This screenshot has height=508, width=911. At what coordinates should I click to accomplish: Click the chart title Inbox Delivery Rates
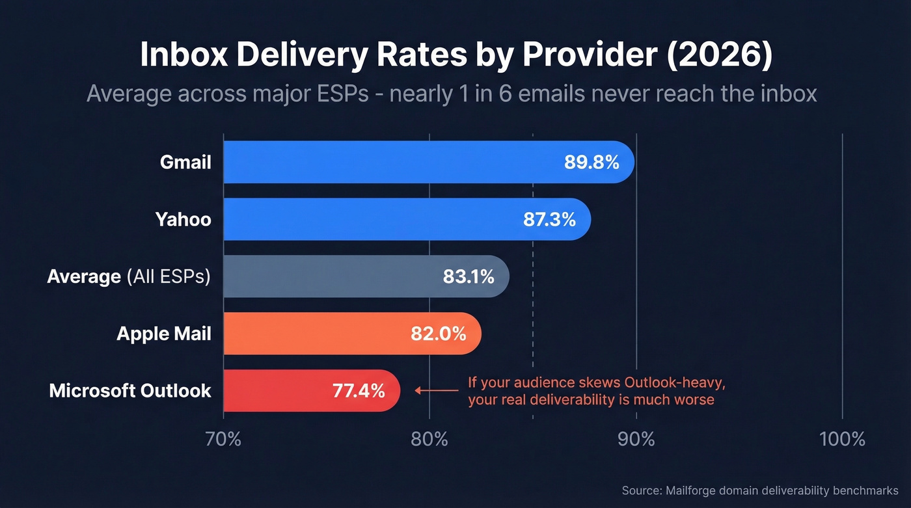pos(455,56)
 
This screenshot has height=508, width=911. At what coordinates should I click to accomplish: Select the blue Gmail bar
pos(390,162)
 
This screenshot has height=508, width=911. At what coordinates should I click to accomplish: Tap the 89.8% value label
pos(591,162)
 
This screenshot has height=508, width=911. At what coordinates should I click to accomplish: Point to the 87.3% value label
pos(549,219)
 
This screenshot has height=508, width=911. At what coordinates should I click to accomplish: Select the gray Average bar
pos(332,276)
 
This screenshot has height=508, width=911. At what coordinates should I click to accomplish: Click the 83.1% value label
pos(469,276)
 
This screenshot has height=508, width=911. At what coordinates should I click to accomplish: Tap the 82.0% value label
pos(438,334)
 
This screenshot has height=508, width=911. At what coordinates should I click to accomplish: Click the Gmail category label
pos(185,162)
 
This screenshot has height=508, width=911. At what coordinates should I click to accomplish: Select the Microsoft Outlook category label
pos(130,391)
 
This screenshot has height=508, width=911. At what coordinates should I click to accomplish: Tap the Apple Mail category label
pos(164,334)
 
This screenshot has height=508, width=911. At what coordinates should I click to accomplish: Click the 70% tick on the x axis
pos(223,439)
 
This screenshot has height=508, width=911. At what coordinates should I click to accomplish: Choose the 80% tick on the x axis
pos(429,439)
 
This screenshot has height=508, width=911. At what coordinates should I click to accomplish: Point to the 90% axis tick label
pos(636,439)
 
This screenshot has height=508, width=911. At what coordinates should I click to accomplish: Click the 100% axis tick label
pos(842,439)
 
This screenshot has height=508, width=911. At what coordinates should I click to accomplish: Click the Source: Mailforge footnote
pos(759,490)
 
